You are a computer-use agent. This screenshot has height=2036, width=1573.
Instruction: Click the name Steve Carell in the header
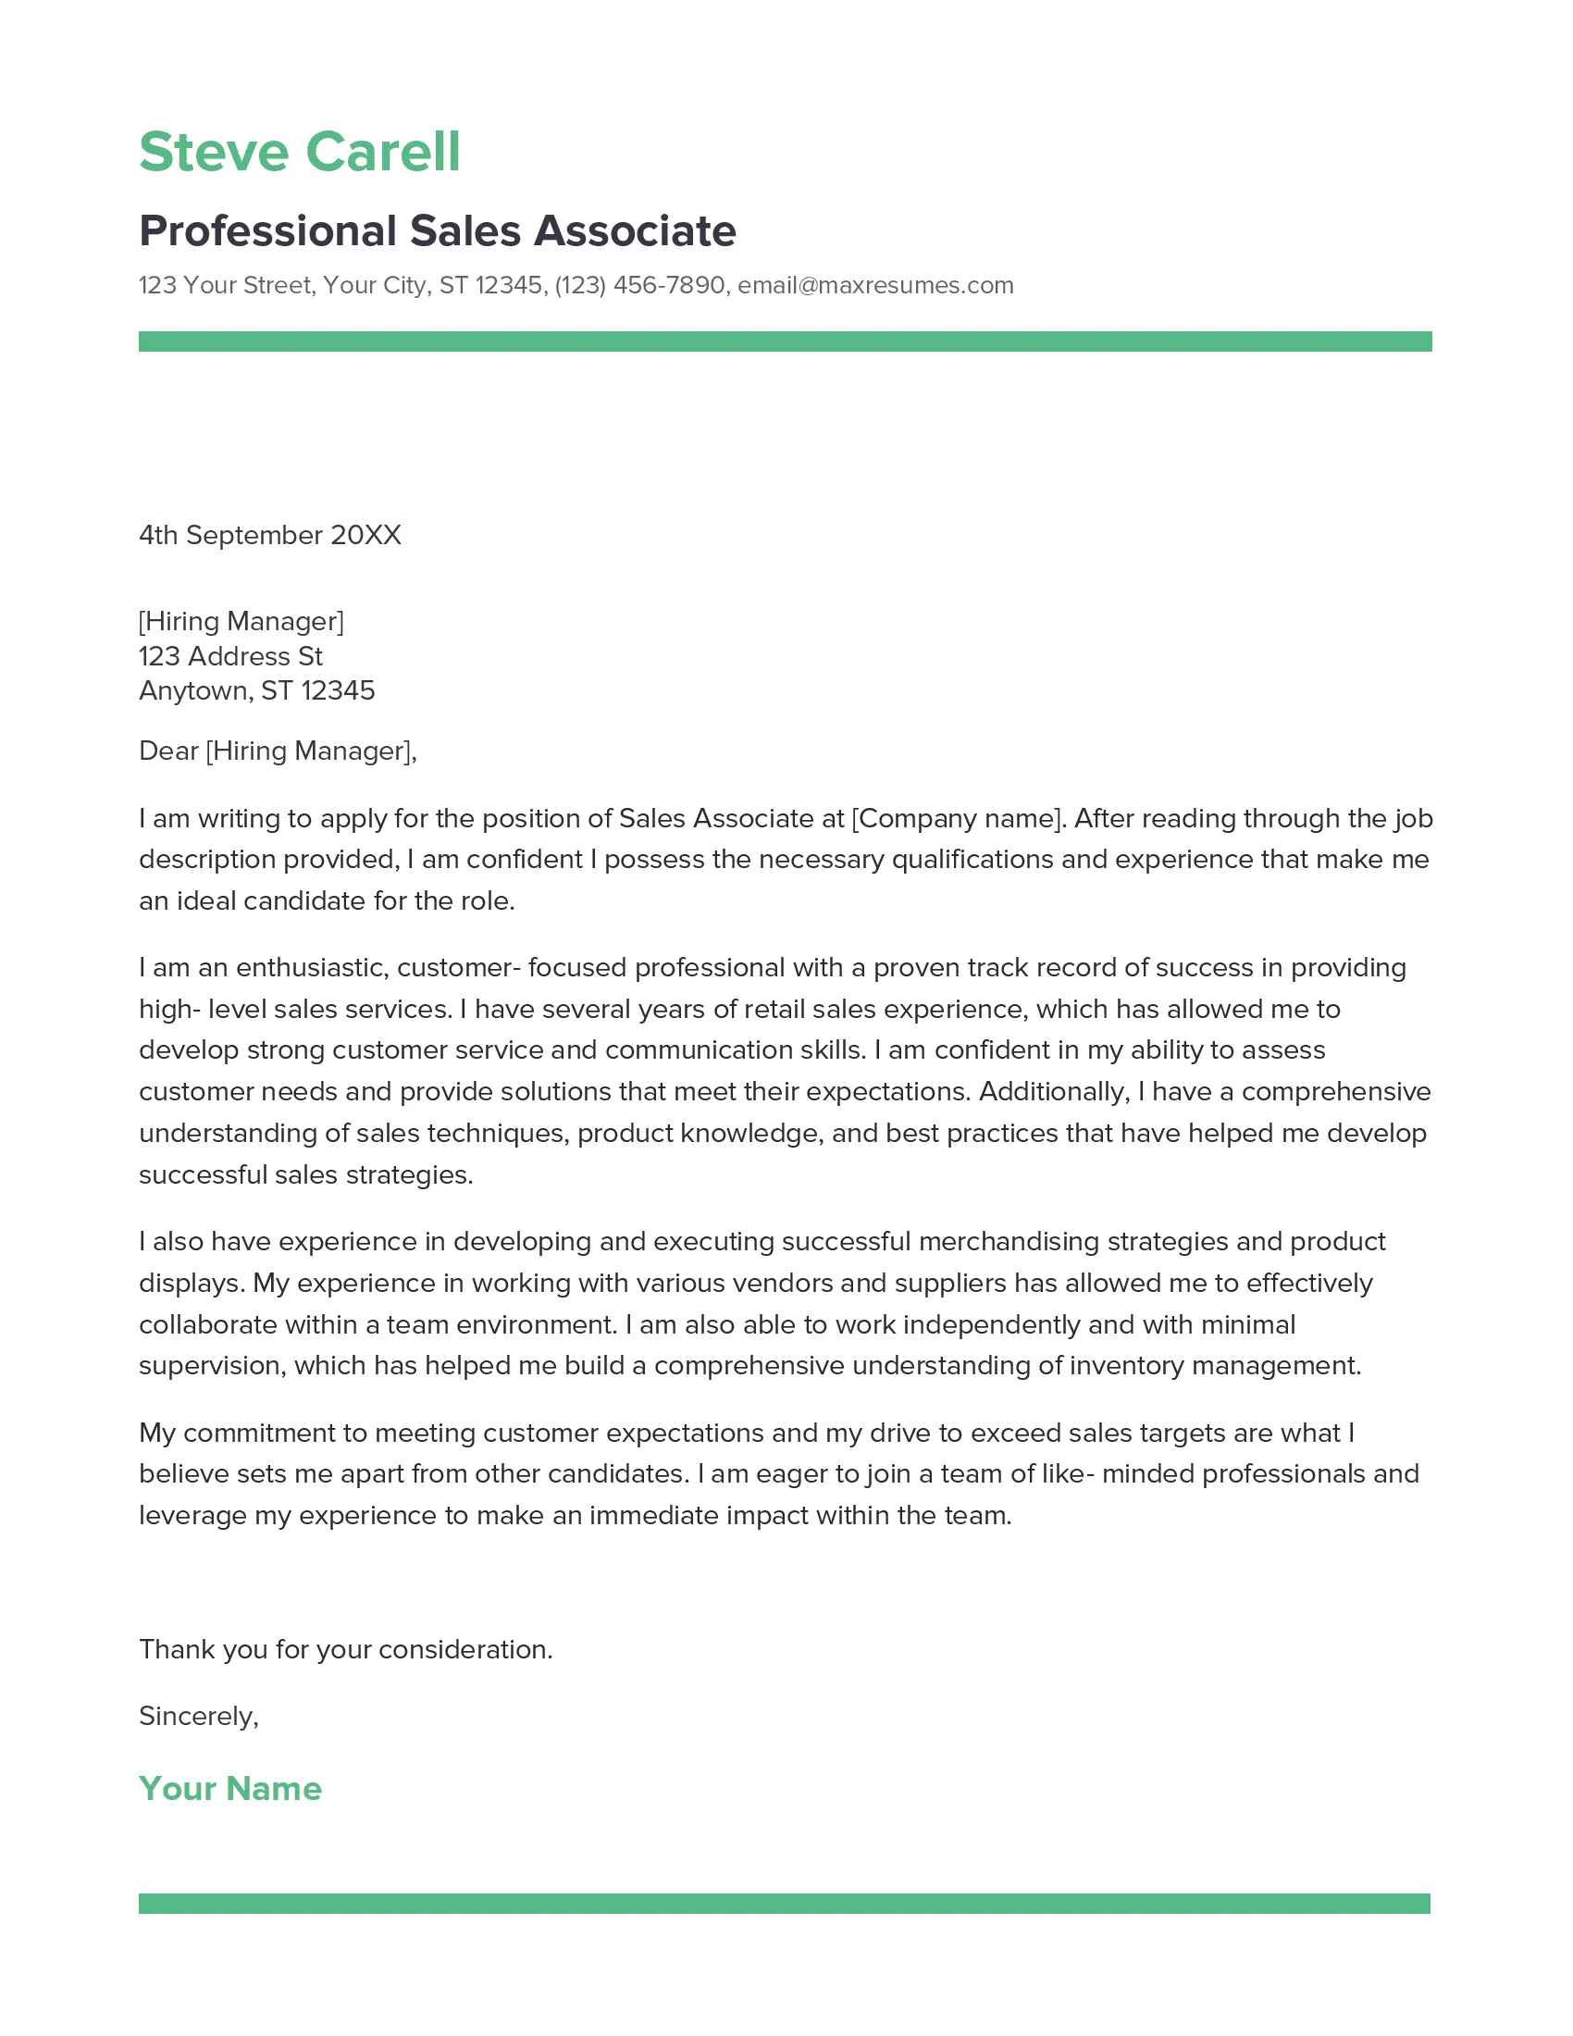click(299, 152)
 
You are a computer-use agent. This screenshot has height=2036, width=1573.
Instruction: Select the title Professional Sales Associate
click(437, 231)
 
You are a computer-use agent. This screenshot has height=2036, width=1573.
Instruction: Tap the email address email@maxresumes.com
click(875, 285)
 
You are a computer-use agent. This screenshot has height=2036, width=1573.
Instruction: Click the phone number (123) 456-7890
click(639, 285)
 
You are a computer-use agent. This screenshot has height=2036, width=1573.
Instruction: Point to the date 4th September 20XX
click(269, 535)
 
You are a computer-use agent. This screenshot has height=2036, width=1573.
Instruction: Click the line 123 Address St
click(230, 656)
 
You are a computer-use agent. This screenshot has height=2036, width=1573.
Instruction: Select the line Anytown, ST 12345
click(256, 690)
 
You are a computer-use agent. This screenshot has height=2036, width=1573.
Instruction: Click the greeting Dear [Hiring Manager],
click(278, 751)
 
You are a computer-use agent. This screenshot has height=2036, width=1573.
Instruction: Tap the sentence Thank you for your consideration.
click(346, 1650)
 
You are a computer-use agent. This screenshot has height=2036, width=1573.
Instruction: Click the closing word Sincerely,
click(199, 1716)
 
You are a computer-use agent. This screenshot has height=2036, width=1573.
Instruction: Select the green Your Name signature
click(230, 1789)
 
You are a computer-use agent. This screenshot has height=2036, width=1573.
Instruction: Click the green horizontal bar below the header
click(785, 341)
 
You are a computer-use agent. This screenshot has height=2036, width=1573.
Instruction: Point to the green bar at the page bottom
click(784, 1904)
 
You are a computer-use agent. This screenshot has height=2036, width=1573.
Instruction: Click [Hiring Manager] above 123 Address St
click(242, 621)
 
